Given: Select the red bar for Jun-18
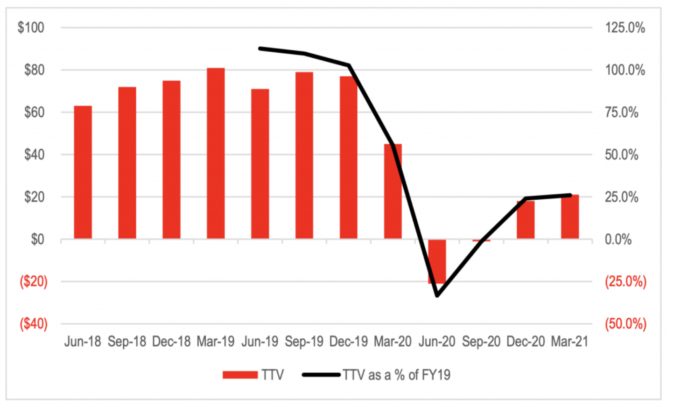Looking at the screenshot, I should pos(83,173).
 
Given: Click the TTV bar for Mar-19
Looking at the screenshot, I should pos(216,154).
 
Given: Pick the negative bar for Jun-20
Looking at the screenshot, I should pos(437,261).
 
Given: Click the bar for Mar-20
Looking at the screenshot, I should pos(393,191).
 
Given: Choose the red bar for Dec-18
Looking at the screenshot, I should pos(171,160).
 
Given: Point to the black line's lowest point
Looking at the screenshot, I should pos(437,295).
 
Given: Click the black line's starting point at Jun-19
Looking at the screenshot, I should pos(260,48).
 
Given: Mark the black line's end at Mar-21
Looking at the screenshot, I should pos(570,195).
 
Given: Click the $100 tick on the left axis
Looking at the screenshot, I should pos(31,28).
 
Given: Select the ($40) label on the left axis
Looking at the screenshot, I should pos(33,323).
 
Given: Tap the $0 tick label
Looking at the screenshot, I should pos(37,239).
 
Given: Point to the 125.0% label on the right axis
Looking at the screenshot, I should pos(625,28).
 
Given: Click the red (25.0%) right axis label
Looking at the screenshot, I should pos(625,281).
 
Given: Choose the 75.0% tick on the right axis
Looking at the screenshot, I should pos(622,112).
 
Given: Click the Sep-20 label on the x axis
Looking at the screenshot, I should pos(481,342).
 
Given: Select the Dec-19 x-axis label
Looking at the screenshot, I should pos(348,342).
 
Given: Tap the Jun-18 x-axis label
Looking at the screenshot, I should pos(83,342).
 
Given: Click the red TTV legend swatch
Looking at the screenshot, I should pos(240,375).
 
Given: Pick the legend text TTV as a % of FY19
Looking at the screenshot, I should pos(397,375).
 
